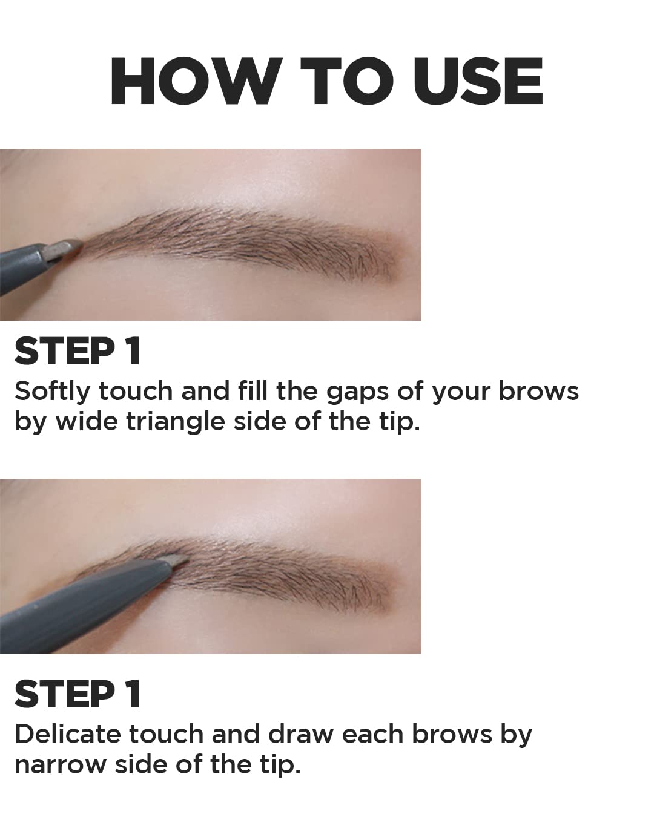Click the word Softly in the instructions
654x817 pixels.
click(x=51, y=392)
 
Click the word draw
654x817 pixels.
click(x=301, y=734)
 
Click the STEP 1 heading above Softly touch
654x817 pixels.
click(x=78, y=351)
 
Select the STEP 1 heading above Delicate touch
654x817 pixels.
click(x=78, y=694)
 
